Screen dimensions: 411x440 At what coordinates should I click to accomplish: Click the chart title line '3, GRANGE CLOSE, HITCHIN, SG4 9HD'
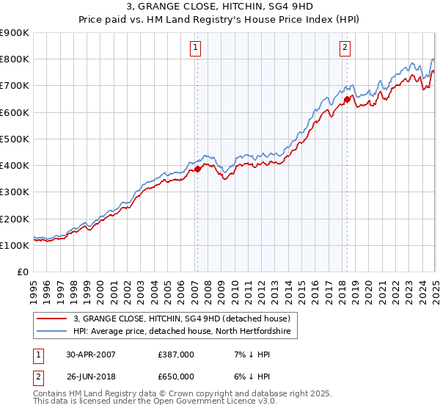[x=220, y=7]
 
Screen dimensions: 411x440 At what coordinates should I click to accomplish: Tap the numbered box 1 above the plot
[x=197, y=48]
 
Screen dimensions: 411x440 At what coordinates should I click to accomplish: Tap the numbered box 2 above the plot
[x=345, y=48]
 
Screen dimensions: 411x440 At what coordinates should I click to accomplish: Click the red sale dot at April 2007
[x=197, y=169]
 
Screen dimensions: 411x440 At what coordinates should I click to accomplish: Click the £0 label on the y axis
[x=23, y=272]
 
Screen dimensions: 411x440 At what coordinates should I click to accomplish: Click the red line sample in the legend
[x=52, y=319]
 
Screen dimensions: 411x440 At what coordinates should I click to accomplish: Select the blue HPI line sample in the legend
[x=52, y=332]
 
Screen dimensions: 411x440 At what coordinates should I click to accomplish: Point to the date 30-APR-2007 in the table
[x=91, y=354]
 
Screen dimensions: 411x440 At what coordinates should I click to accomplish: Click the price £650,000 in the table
[x=176, y=376]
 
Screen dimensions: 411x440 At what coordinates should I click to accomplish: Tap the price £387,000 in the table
[x=176, y=354]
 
